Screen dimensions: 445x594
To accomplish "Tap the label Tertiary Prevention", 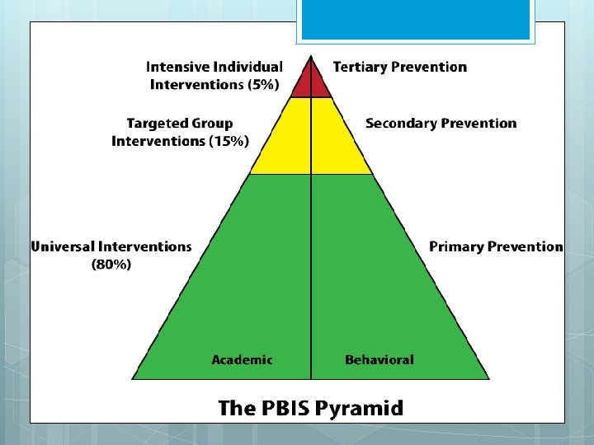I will (399, 67).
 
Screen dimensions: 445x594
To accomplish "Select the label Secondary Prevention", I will (441, 124).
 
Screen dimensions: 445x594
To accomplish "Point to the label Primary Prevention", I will (496, 246).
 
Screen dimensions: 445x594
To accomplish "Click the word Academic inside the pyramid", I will (242, 359).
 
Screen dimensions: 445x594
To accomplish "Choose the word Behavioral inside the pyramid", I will (379, 359).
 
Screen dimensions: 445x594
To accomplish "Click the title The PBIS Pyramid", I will (310, 408).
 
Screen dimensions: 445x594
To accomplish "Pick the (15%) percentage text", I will (229, 142).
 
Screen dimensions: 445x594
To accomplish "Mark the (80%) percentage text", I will (111, 265).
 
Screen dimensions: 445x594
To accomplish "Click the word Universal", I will (62, 246).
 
